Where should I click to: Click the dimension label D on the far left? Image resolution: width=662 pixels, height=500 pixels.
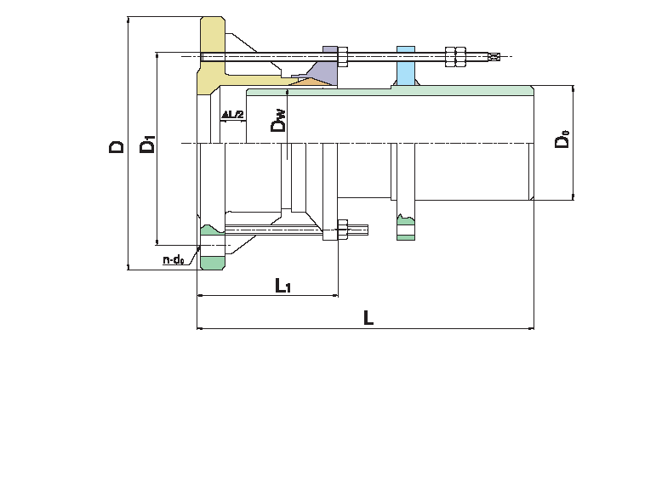pos(117,146)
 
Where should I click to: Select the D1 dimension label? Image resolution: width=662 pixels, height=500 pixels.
pos(147,144)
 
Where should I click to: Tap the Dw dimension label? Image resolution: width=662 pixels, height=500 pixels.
pos(278,123)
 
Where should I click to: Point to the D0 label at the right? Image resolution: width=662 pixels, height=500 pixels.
pos(562,139)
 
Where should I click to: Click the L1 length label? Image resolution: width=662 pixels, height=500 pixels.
pos(283,286)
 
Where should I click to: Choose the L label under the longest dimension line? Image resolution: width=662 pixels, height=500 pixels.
pos(368,318)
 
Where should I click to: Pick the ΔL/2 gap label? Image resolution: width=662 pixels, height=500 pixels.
pos(233,114)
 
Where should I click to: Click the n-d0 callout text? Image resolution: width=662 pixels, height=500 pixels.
pos(174,259)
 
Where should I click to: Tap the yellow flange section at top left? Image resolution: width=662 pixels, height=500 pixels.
pos(211,51)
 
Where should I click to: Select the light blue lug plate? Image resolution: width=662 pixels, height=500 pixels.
pos(406,67)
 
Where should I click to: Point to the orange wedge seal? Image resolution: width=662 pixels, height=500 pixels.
pos(310,82)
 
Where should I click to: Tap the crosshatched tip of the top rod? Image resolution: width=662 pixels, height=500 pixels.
pos(493,58)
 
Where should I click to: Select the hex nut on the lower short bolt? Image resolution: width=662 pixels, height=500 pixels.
pos(343,230)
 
